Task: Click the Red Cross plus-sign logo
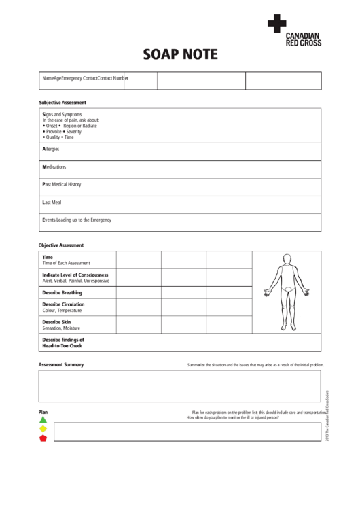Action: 276,24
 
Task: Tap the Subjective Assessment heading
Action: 62,102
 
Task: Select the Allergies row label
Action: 52,148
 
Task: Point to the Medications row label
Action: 54,166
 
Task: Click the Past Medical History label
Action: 61,184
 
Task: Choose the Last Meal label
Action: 52,203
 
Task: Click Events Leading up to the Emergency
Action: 76,220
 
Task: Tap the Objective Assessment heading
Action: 61,245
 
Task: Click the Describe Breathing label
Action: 62,292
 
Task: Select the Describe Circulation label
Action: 63,304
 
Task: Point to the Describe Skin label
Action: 56,321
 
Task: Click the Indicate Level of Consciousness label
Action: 75,275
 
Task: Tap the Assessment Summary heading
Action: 61,365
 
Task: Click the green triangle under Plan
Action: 43,420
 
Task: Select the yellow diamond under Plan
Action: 43,429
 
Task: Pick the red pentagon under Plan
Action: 43,438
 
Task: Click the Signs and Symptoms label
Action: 62,114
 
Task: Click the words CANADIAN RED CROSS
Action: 303,39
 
